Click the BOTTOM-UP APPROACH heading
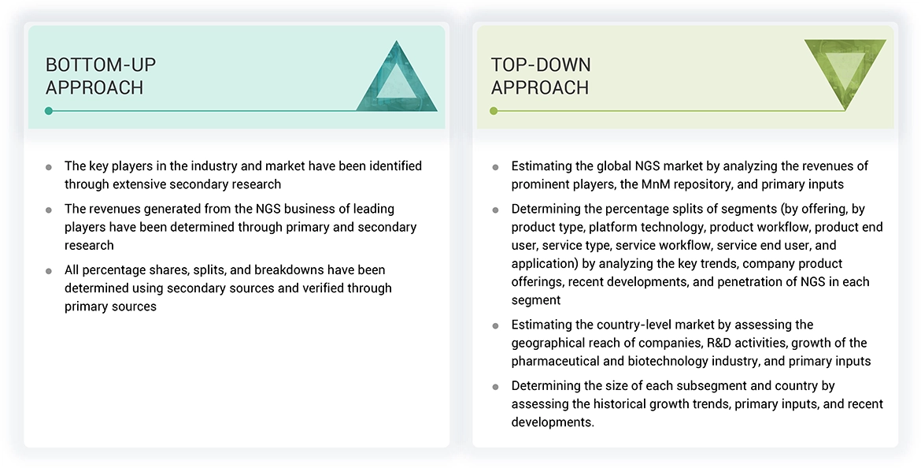[94, 76]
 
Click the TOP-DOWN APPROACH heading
[541, 76]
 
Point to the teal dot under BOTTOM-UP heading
[49, 111]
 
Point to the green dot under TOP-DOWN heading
[494, 111]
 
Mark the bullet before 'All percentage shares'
[49, 270]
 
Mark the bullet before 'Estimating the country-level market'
[495, 325]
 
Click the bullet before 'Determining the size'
[495, 386]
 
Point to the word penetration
[762, 281]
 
